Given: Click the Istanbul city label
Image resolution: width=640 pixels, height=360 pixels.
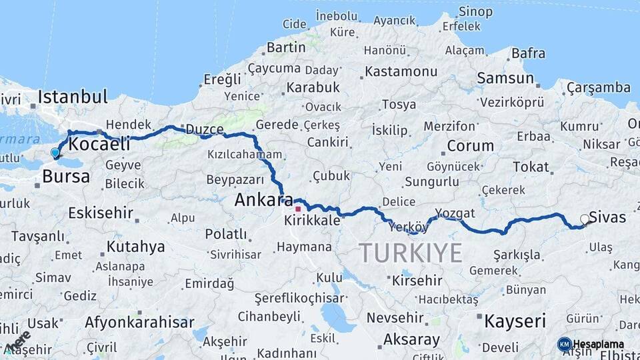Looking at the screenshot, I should click(72, 97).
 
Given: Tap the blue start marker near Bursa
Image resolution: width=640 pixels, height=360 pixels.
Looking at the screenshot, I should click(55, 153).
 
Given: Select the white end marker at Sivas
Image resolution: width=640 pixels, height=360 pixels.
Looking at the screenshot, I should click(585, 219).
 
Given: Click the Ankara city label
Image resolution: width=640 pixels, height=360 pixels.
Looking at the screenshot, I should click(263, 199).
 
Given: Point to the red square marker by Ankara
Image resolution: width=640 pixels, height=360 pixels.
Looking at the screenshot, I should click(298, 209).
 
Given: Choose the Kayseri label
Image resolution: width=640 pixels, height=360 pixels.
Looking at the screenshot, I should click(515, 321).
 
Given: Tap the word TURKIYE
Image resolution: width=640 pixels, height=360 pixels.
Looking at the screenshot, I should click(410, 253).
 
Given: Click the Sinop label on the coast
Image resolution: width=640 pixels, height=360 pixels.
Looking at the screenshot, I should click(476, 12).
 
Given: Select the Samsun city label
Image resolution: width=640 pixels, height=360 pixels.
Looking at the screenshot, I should click(505, 78).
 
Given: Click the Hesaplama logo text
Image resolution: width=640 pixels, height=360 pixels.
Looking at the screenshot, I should click(599, 345).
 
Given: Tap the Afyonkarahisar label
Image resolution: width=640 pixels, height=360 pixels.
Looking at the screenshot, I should click(134, 323).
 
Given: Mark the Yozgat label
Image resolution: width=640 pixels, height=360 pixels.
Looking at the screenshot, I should click(455, 213).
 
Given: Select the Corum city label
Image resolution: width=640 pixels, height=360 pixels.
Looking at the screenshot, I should click(470, 145).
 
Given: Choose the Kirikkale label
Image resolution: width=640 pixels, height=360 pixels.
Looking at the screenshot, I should click(311, 219).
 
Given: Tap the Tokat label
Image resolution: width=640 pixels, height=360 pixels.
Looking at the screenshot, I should click(531, 167).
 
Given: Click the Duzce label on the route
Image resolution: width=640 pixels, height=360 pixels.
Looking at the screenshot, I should click(204, 129).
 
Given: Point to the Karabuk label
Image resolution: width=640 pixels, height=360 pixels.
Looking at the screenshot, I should click(313, 87).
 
